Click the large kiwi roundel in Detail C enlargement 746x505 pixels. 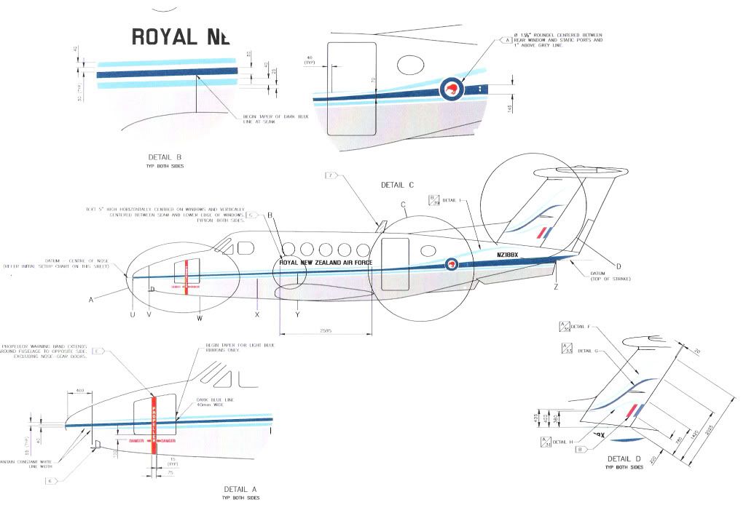point(452,90)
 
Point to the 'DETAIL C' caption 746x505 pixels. point(398,185)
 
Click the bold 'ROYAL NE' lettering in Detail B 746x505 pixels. point(180,36)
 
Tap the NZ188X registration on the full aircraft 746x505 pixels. point(510,255)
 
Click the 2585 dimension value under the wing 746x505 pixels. point(325,330)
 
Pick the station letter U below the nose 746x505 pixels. point(132,314)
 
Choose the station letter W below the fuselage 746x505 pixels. point(200,318)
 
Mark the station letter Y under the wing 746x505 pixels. point(297,314)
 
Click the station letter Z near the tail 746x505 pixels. point(555,287)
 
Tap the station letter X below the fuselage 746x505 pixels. point(257,314)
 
